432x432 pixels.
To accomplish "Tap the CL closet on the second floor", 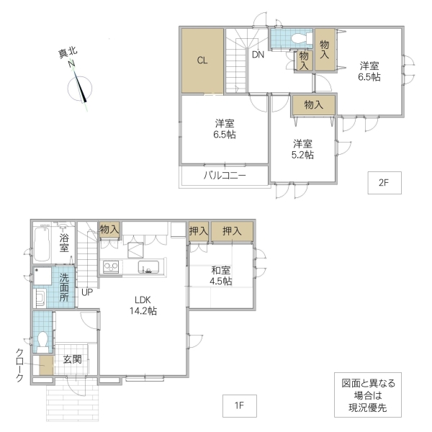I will click(202, 60).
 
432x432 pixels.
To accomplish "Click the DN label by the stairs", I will click(258, 54).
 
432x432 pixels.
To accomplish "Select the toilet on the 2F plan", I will click(298, 37).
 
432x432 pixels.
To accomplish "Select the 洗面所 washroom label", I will click(64, 287).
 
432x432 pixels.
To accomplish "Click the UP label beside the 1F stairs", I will click(86, 292).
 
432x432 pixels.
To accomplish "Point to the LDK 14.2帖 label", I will click(144, 305).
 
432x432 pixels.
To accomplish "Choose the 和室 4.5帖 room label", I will click(221, 276).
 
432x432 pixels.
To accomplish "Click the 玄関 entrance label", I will click(72, 359).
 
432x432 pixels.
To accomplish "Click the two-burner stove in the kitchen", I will click(112, 267).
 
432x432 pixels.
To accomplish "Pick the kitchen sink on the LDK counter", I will click(149, 268).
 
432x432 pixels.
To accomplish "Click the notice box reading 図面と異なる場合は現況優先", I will click(369, 395).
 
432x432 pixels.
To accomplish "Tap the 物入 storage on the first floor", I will click(109, 230).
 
